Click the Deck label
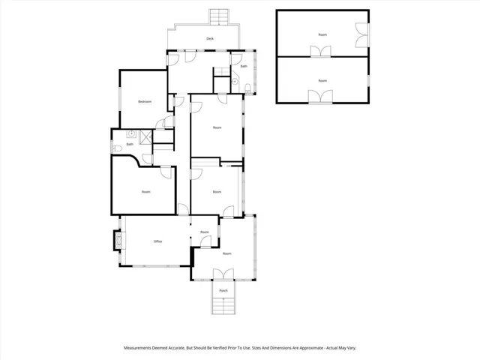[x=211, y=38]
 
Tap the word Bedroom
[x=145, y=101]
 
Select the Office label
[x=157, y=241]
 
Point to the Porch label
[x=223, y=290]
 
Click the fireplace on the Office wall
[x=118, y=240]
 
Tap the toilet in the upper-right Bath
[x=247, y=88]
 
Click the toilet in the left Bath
[x=115, y=148]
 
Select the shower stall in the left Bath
[x=145, y=135]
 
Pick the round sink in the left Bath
[x=130, y=135]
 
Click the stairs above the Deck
[x=219, y=16]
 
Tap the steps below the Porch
[x=223, y=305]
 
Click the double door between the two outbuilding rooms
[x=322, y=52]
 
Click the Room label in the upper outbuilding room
[x=322, y=34]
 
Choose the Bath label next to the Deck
[x=244, y=66]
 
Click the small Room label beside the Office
[x=205, y=232]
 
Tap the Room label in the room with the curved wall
[x=145, y=192]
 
